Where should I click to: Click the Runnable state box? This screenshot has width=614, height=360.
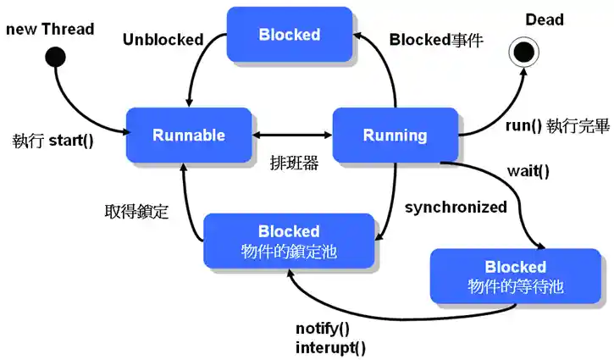click(189, 136)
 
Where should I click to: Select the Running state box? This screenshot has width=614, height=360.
click(395, 136)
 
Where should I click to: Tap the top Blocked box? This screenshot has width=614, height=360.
click(290, 35)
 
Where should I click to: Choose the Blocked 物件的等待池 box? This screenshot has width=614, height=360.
click(515, 276)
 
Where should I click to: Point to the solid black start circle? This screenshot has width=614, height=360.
click(56, 58)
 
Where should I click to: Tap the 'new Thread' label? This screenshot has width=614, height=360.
click(50, 30)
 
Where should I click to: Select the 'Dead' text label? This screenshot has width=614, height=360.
click(545, 19)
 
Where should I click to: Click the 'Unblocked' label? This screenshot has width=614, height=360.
click(163, 39)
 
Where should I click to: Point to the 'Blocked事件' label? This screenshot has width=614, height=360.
click(436, 39)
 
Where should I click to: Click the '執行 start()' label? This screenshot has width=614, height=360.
click(53, 138)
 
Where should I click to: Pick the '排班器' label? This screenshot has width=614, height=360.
click(294, 163)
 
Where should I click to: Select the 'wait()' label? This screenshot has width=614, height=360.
click(528, 170)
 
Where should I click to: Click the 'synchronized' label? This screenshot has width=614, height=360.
click(456, 207)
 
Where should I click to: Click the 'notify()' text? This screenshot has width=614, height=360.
click(322, 329)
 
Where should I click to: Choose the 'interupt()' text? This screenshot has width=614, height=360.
click(331, 347)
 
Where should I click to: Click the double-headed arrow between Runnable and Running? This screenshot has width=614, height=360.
click(293, 136)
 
